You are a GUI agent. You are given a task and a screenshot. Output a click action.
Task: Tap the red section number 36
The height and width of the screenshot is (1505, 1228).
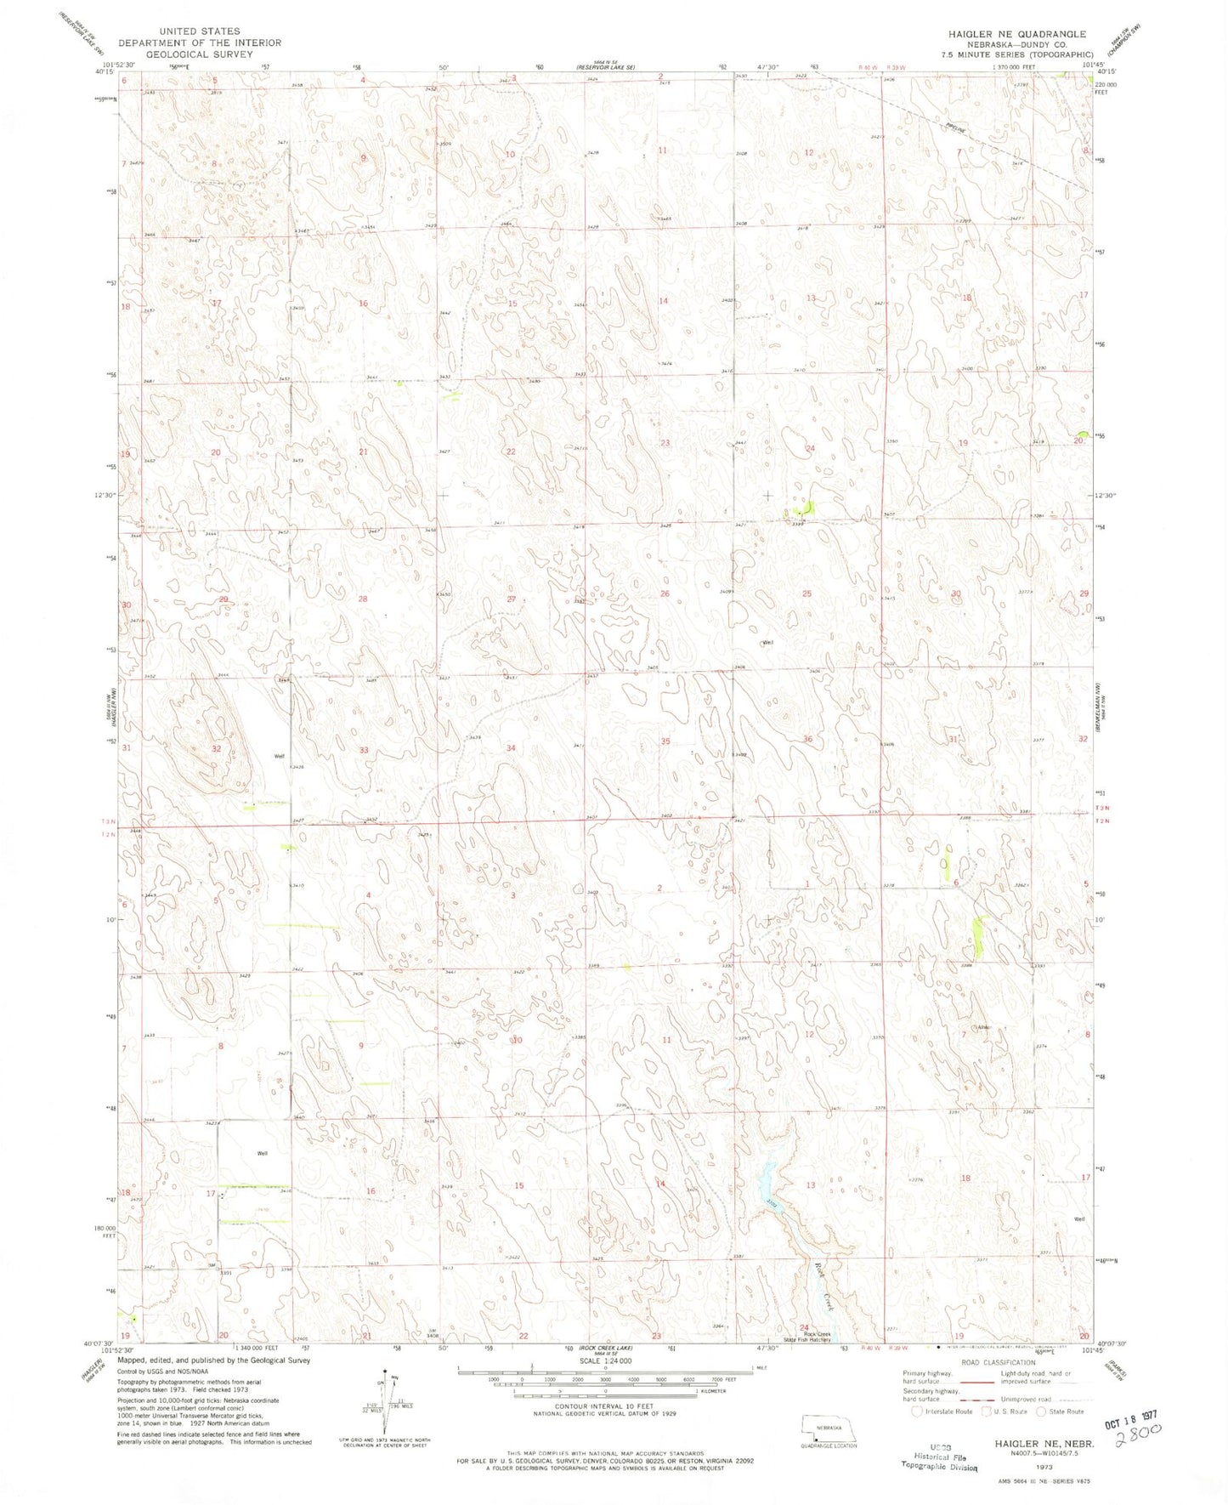point(807,739)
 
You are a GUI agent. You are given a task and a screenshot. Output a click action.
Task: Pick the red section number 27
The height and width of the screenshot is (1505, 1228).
point(512,599)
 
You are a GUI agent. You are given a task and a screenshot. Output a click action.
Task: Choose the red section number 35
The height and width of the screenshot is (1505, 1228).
point(665,741)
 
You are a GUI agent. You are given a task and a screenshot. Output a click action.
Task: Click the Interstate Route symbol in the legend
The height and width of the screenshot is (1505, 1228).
point(916,1411)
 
